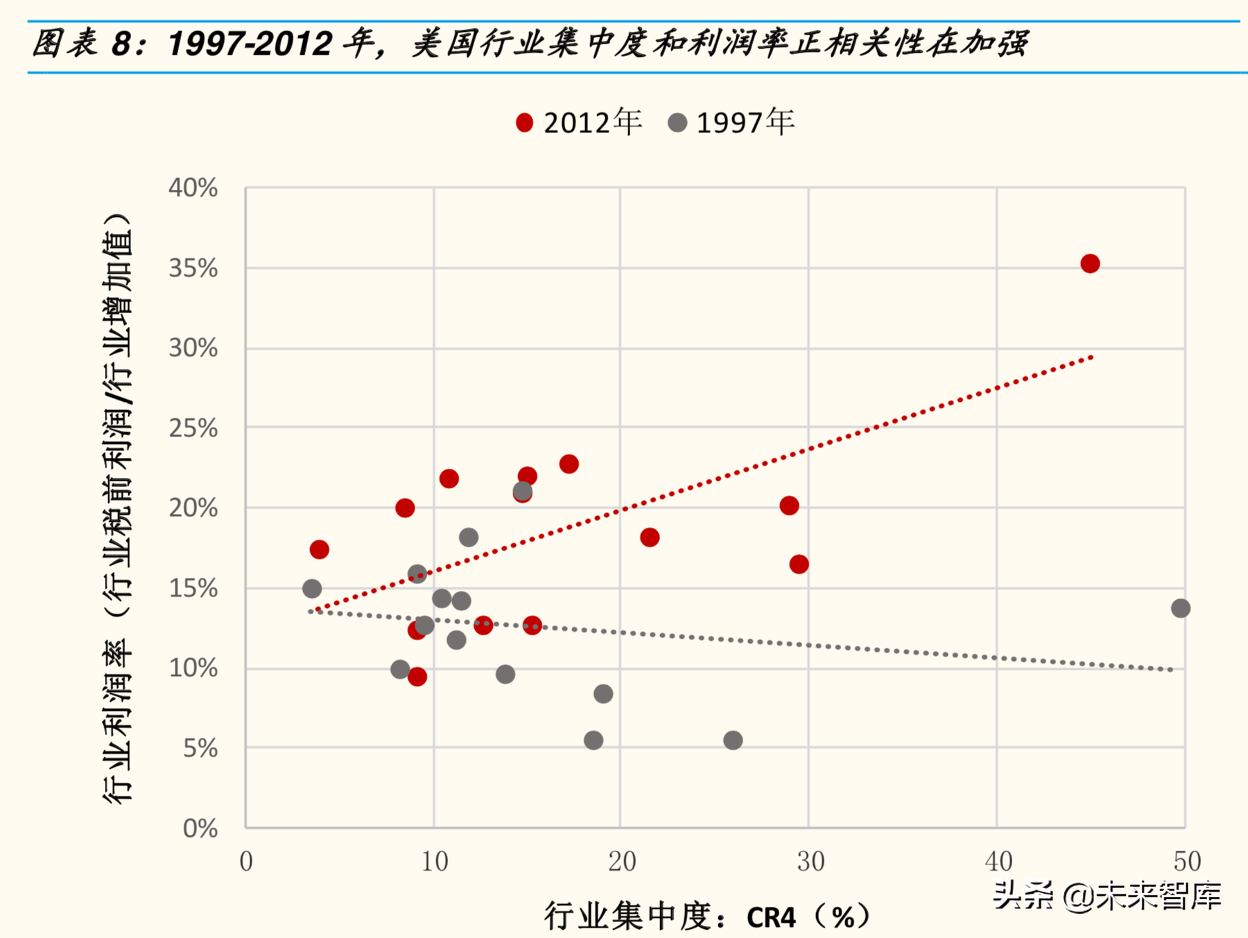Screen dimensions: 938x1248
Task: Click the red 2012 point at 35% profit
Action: (1089, 263)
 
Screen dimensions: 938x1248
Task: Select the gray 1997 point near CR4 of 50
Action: (1180, 608)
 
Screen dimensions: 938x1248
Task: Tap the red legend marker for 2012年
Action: (525, 123)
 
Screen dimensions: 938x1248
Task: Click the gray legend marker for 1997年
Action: (677, 123)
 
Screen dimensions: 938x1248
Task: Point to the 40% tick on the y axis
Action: (193, 188)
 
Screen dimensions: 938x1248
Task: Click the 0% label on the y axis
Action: (200, 828)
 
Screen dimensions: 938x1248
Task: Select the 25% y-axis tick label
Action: (193, 428)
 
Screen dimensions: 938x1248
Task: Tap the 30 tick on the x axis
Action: (810, 861)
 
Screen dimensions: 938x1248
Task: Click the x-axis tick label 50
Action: (1186, 861)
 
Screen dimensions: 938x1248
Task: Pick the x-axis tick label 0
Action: (246, 861)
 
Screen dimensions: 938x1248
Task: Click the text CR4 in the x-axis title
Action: (770, 918)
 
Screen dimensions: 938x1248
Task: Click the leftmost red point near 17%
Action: (319, 549)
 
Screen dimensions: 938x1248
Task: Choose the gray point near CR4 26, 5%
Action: (733, 740)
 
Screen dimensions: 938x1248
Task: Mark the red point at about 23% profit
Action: (569, 463)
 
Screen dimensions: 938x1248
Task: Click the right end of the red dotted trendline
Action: (1091, 357)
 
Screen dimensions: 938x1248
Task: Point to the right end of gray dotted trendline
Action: (1171, 670)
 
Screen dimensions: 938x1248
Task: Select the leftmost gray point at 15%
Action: (312, 588)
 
